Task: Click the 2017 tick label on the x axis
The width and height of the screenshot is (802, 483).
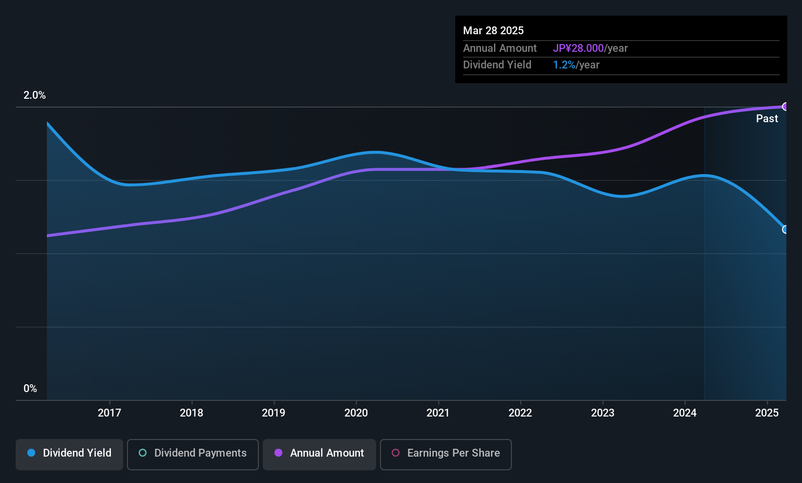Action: pyautogui.click(x=109, y=413)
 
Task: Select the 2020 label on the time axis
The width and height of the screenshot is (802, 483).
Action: pyautogui.click(x=356, y=413)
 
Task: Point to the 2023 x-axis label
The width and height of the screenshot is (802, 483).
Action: pyautogui.click(x=603, y=413)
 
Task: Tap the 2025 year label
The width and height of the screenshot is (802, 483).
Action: pyautogui.click(x=767, y=413)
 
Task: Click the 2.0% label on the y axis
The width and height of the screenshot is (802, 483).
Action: pyautogui.click(x=35, y=95)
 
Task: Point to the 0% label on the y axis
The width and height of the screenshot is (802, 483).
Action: pyautogui.click(x=30, y=389)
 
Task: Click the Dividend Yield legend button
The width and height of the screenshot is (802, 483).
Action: pyautogui.click(x=69, y=454)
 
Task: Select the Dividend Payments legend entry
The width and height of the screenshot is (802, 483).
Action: pyautogui.click(x=192, y=454)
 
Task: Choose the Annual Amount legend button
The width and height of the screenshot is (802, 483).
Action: pyautogui.click(x=319, y=454)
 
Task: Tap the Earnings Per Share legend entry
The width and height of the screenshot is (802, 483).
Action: pyautogui.click(x=446, y=454)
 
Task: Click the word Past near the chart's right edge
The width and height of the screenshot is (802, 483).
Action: pyautogui.click(x=767, y=119)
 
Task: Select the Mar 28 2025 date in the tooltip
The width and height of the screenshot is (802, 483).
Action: pyautogui.click(x=493, y=31)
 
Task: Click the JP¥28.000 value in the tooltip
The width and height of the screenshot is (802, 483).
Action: pyautogui.click(x=578, y=48)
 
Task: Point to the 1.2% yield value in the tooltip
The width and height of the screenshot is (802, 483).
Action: pyautogui.click(x=564, y=65)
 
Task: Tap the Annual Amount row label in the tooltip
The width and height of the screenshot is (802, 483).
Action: pyautogui.click(x=500, y=48)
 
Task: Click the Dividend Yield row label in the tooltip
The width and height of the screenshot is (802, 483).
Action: pyautogui.click(x=497, y=65)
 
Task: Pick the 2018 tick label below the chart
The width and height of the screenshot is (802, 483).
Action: pyautogui.click(x=191, y=413)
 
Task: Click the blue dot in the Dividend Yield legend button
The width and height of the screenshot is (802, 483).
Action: pyautogui.click(x=31, y=453)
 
